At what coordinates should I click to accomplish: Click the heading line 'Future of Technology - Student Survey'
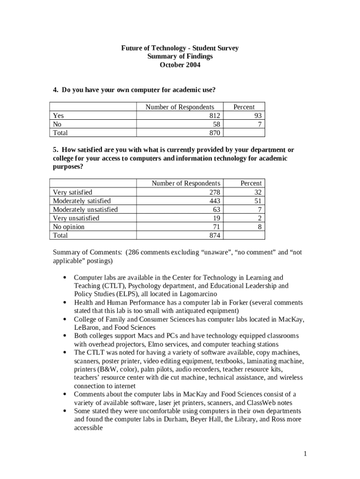point(180,48)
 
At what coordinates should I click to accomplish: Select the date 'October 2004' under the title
point(180,65)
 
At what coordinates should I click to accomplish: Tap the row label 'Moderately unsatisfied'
point(85,210)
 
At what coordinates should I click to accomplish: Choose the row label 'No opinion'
point(69,227)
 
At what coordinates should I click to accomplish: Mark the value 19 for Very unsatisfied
point(216,218)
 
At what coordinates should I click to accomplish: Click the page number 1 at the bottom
point(304,453)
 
